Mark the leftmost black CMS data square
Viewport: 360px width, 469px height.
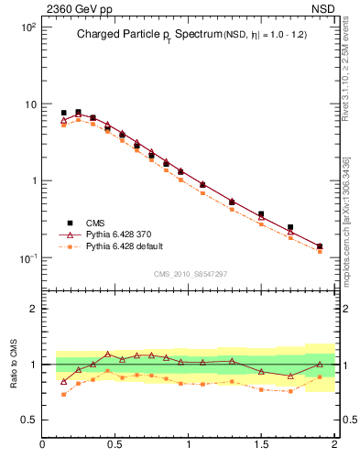pos(63,113)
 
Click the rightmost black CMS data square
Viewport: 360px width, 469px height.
pos(320,245)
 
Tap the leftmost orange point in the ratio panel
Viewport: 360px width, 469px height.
pos(63,394)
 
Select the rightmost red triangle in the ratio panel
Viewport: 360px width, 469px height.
pos(320,365)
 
